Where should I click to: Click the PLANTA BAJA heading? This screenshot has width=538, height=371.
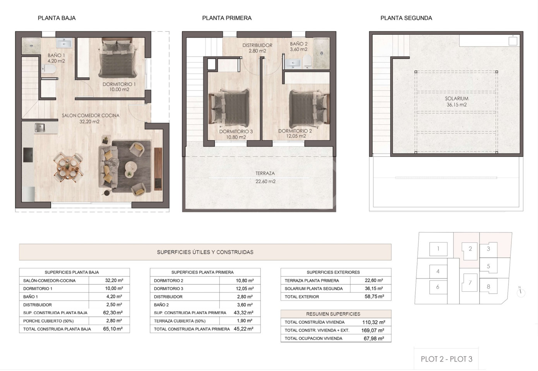point(57,18)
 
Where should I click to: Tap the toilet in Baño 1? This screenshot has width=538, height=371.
point(49,69)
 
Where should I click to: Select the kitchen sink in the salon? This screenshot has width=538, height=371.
point(40,128)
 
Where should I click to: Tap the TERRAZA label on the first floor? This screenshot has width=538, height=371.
point(265,173)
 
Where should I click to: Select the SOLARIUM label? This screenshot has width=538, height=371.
point(457,99)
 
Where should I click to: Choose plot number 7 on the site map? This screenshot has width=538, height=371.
point(470,283)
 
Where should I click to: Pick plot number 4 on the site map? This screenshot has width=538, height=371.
point(438,271)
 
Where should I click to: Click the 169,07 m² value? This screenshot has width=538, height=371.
point(372,330)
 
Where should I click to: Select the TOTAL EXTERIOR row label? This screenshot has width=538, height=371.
point(302,297)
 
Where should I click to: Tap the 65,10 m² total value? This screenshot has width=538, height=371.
point(113,329)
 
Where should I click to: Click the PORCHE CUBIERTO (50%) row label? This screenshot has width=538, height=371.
point(48,321)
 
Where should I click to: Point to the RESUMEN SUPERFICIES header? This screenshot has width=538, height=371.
point(333,314)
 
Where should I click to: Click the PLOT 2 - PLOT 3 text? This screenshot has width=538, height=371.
point(447,359)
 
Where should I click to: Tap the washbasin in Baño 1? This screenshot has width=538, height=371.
point(64,44)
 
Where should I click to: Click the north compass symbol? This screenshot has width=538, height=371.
point(521,292)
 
